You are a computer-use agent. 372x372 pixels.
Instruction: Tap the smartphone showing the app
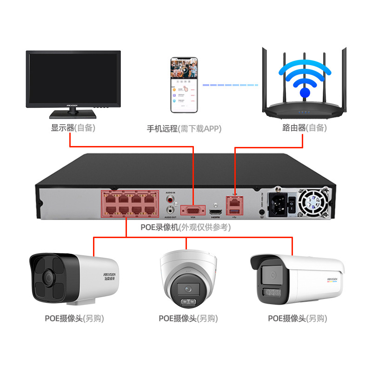(x=184, y=85)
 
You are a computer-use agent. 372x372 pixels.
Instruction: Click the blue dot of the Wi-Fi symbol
(x=305, y=93)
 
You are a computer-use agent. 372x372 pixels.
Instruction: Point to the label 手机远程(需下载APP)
(x=184, y=128)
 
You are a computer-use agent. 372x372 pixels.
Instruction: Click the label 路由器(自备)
(x=305, y=128)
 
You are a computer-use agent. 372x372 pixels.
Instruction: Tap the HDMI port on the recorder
(x=215, y=212)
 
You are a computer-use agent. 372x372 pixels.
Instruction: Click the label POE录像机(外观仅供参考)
(x=186, y=227)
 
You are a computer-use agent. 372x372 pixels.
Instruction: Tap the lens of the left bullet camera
(x=47, y=279)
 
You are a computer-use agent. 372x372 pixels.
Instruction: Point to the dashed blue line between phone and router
(x=230, y=85)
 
